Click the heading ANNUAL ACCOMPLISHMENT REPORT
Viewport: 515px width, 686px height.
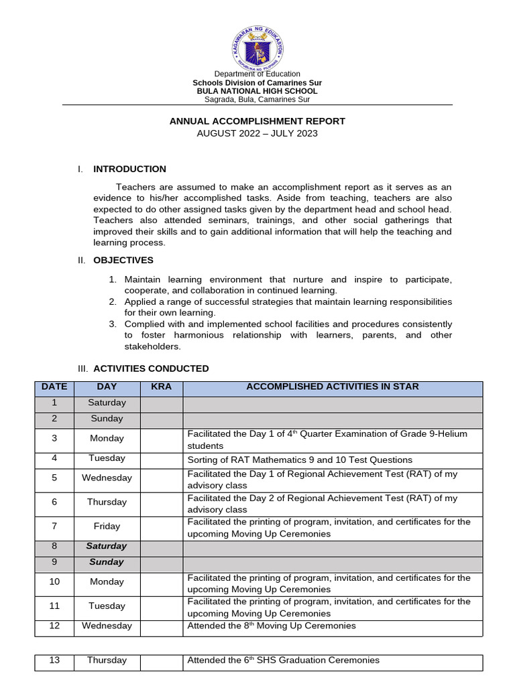point(257,121)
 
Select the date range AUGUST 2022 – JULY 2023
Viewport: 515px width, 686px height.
point(257,133)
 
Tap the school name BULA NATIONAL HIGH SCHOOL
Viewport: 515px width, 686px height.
point(257,91)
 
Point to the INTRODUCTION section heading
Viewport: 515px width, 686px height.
point(129,169)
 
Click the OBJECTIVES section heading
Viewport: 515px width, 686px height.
point(123,260)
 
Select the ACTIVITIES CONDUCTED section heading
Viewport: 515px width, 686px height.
point(151,368)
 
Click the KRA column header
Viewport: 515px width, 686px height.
point(161,387)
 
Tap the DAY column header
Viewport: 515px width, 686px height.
point(107,387)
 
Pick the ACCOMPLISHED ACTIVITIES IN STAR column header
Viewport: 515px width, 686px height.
point(333,387)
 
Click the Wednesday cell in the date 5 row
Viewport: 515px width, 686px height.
point(107,478)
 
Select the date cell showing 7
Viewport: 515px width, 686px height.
point(54,527)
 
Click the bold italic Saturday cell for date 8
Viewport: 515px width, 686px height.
point(107,546)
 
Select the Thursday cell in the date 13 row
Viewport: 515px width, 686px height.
point(107,661)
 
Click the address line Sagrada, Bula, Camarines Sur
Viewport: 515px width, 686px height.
point(257,100)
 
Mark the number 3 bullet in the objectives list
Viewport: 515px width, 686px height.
point(113,324)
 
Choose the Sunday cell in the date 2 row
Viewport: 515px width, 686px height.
point(107,419)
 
